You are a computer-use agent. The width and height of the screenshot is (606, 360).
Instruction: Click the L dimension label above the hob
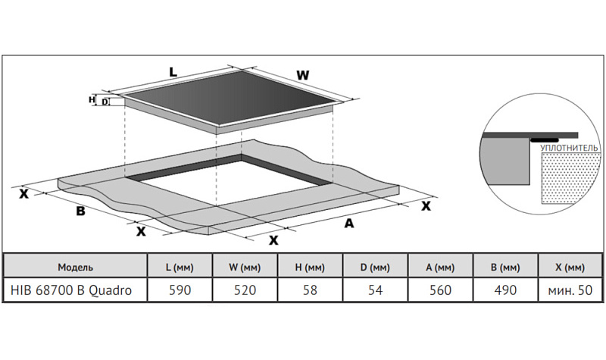[173, 72]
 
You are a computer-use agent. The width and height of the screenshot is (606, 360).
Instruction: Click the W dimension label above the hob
[302, 75]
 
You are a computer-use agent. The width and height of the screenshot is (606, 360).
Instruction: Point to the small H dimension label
[92, 100]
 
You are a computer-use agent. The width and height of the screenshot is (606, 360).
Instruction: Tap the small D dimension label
[105, 102]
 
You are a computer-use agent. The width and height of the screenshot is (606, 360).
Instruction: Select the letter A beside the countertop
[349, 223]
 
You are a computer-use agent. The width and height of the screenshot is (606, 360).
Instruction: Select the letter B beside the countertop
[80, 211]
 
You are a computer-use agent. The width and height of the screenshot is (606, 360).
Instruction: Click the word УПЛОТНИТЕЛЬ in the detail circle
[569, 148]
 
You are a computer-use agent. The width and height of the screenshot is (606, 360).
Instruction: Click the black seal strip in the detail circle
[544, 140]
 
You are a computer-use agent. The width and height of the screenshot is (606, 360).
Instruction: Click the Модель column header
[75, 267]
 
